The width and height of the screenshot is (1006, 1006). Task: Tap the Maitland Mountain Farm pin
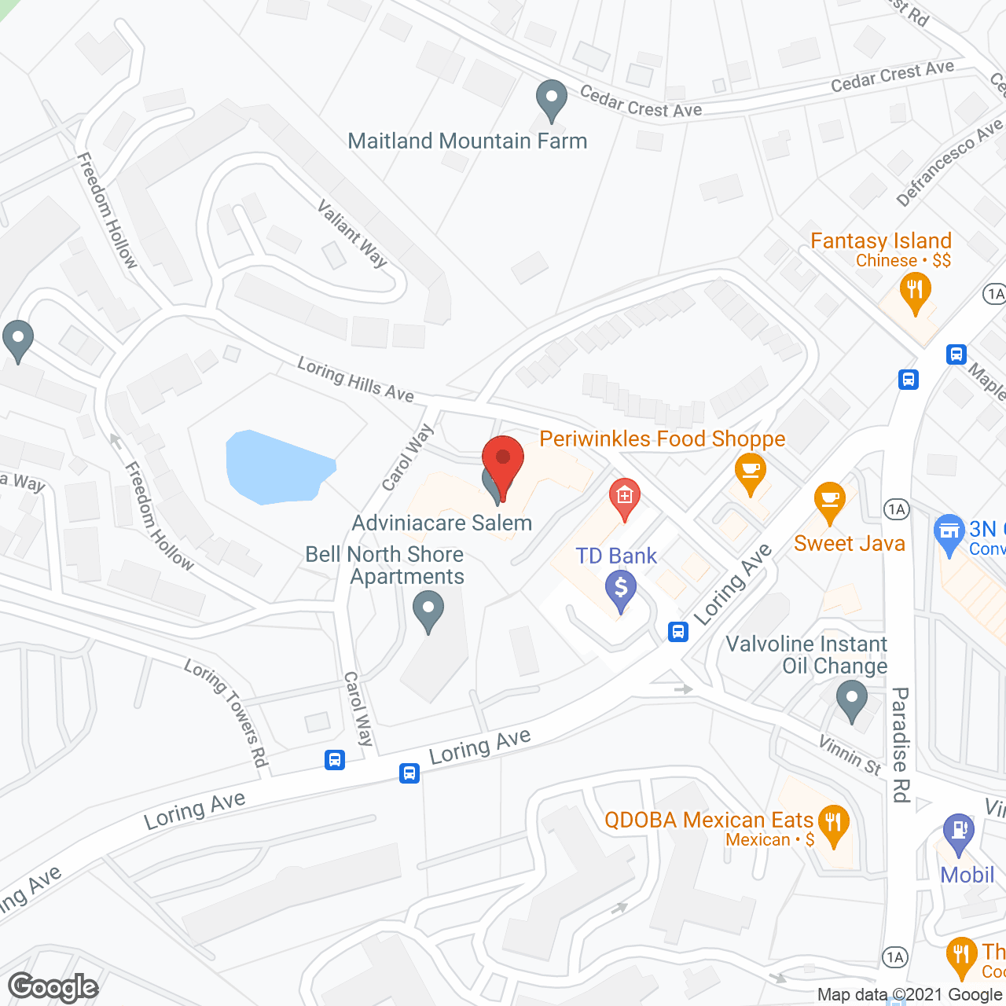tap(552, 100)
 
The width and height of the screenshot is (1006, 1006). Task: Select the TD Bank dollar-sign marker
tap(621, 589)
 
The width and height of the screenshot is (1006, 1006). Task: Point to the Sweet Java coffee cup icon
tap(829, 501)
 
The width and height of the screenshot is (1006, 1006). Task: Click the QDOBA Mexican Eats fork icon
tap(833, 824)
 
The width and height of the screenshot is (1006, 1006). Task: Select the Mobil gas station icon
tap(958, 832)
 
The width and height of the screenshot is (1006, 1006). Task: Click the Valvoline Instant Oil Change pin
tap(851, 699)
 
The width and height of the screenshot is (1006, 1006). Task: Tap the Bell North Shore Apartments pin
tap(428, 610)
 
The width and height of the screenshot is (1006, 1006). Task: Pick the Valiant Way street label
tap(352, 233)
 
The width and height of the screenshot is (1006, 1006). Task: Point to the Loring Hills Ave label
tap(355, 379)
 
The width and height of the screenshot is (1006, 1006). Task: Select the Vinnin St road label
tap(850, 754)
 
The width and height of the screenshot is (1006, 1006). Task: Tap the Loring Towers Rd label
tap(226, 712)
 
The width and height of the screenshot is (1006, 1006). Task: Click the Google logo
tap(53, 987)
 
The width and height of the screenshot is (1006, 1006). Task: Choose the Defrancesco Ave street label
tap(949, 161)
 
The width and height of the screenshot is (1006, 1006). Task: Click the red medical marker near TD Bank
tap(625, 498)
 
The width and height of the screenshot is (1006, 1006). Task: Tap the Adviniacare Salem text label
tap(442, 523)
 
